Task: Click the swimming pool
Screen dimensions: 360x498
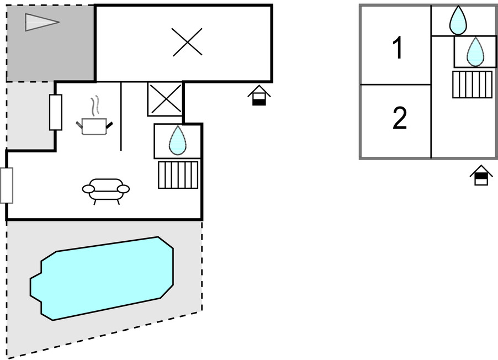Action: (102, 278)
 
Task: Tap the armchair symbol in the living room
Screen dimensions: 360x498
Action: (106, 189)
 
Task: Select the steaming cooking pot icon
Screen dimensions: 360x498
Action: (93, 126)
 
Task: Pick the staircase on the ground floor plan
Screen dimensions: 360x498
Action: (178, 174)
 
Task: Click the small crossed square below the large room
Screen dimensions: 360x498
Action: (165, 99)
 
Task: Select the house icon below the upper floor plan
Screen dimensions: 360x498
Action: (481, 176)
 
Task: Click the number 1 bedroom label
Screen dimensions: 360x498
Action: (398, 49)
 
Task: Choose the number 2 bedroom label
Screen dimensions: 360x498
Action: (399, 118)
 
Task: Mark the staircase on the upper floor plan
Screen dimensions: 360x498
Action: (472, 84)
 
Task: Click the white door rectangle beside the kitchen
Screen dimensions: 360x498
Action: (56, 112)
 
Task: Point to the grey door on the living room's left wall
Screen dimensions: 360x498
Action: (7, 186)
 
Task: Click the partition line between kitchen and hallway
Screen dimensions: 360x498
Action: (121, 116)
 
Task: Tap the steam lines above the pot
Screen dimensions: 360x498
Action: (95, 105)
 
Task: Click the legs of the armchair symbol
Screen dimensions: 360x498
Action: (106, 201)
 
